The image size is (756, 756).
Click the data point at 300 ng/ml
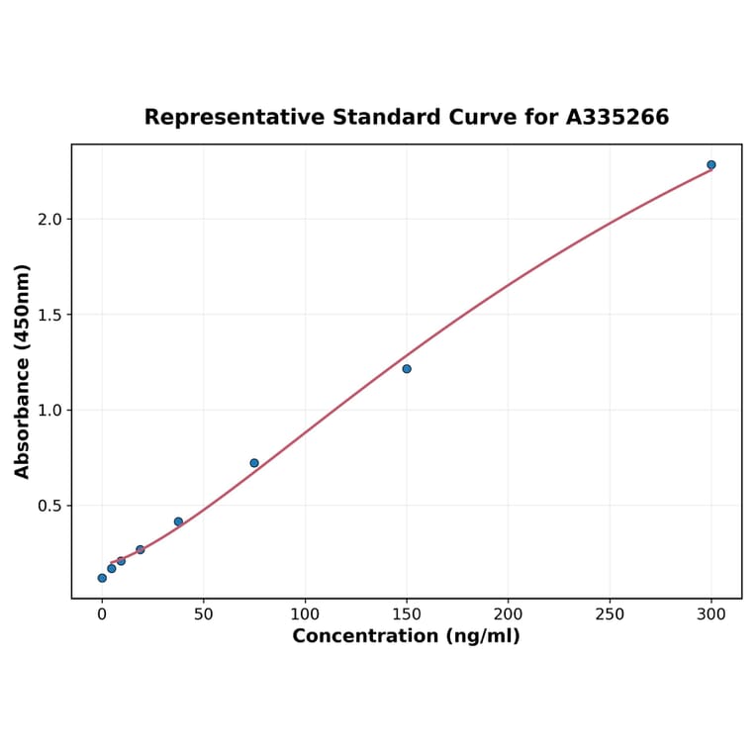pos(711,165)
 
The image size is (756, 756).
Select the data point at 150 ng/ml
pos(407,369)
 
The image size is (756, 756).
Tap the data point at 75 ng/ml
pos(254,463)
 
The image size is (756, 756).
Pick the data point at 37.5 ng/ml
pos(178,521)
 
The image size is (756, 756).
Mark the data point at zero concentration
pos(102,578)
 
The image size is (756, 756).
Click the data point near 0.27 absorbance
pos(141,549)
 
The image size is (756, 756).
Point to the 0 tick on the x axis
pos(102,614)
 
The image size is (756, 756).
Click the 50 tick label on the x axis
pos(203,614)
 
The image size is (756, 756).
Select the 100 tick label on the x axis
pos(305,614)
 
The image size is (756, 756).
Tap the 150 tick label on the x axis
pos(407,614)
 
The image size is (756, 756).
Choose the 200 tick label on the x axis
pos(508,614)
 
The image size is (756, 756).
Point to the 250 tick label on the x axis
pos(610,614)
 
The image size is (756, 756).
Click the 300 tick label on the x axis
pos(711,614)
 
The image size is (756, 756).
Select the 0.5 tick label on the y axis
pos(49,506)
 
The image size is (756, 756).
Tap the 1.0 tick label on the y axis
pos(49,411)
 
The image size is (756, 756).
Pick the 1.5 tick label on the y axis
pos(49,315)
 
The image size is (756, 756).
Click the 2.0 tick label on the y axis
pos(49,220)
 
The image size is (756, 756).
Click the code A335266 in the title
pos(617,117)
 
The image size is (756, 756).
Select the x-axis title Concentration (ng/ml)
pos(406,636)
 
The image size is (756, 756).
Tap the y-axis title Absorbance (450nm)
pos(22,371)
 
